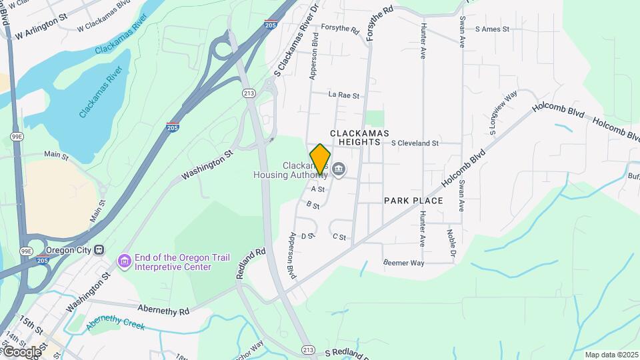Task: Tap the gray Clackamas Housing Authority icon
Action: [338, 171]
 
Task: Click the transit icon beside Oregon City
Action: [99, 249]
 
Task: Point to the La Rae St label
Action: [344, 95]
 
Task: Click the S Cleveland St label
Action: [415, 143]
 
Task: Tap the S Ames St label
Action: [492, 29]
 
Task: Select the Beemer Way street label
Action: [404, 263]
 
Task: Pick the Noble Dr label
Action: [453, 245]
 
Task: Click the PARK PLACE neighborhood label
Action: [413, 200]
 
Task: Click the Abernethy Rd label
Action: [163, 309]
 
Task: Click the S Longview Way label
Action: [503, 113]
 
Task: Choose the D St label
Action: [307, 235]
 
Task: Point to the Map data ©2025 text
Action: [611, 355]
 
